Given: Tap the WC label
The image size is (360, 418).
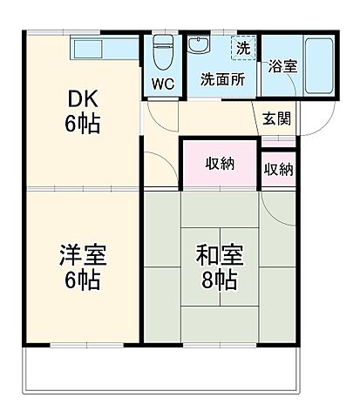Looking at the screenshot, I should click(x=163, y=84).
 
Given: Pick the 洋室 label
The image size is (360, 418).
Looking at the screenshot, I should click(x=82, y=256).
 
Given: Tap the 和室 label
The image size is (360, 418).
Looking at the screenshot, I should click(x=220, y=256).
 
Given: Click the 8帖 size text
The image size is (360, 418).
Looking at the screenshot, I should click(x=220, y=280).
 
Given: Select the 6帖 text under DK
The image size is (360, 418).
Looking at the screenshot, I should click(x=82, y=123).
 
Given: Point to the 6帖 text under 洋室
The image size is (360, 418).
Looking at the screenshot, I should click(x=82, y=280).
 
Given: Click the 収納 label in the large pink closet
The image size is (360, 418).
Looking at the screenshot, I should click(x=220, y=163).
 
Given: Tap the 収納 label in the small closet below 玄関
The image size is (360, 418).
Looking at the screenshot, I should click(x=278, y=169).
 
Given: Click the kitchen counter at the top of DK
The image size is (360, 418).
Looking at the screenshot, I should click(x=105, y=49).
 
